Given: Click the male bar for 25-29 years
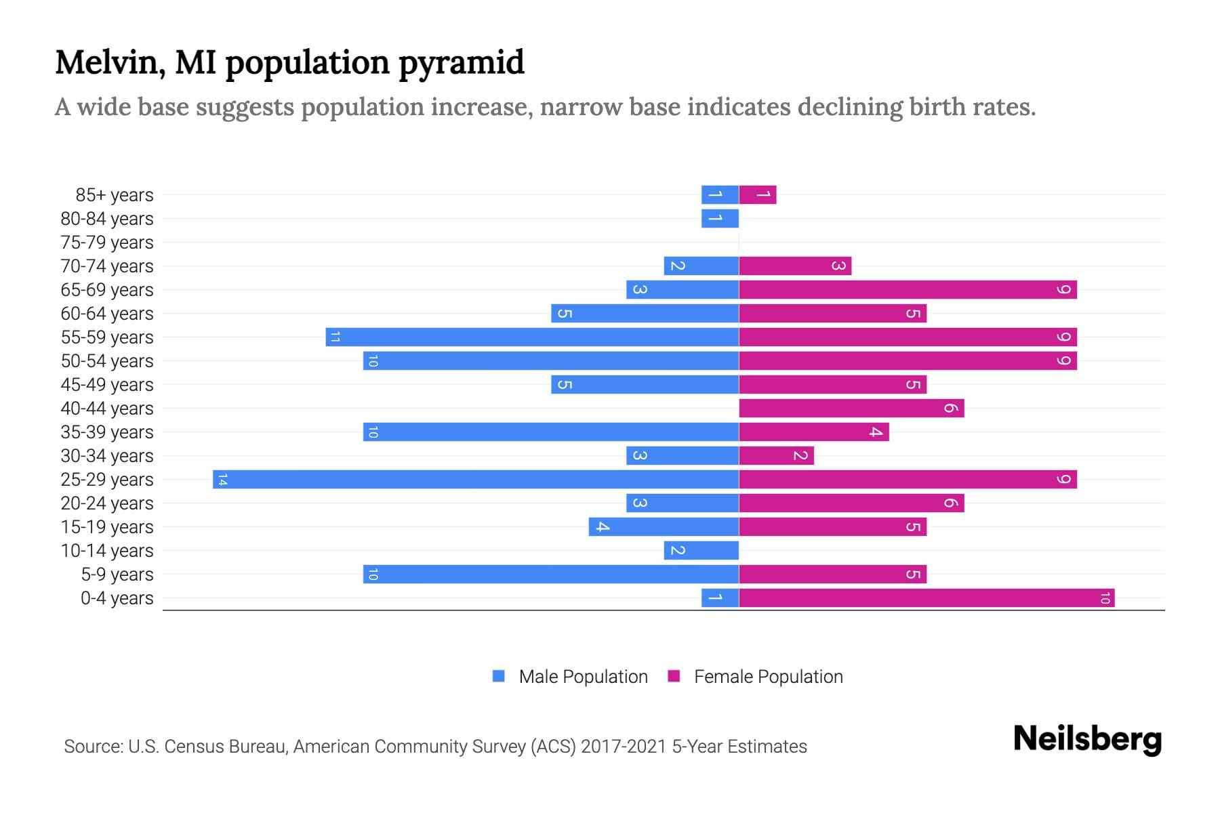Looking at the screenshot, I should [474, 480].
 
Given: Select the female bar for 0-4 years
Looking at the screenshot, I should [926, 598].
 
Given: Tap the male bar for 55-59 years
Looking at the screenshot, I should [532, 337].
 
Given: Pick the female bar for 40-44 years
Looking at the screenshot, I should [851, 409].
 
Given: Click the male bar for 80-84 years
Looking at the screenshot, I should [720, 219].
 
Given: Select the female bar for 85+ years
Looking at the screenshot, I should [757, 195].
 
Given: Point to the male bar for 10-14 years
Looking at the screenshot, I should [701, 551].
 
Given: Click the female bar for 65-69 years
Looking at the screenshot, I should [907, 290].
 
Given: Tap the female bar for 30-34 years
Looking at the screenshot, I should [776, 456].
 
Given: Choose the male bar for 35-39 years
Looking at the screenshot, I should [550, 432].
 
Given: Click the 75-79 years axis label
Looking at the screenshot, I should [107, 243].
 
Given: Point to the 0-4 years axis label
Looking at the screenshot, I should [117, 598].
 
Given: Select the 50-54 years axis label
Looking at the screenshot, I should [107, 361].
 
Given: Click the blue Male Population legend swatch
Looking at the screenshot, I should [499, 676].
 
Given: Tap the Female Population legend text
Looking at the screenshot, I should [768, 677].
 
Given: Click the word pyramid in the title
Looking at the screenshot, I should [461, 63].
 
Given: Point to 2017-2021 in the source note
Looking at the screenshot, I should [624, 747].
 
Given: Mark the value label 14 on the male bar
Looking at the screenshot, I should [222, 480].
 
